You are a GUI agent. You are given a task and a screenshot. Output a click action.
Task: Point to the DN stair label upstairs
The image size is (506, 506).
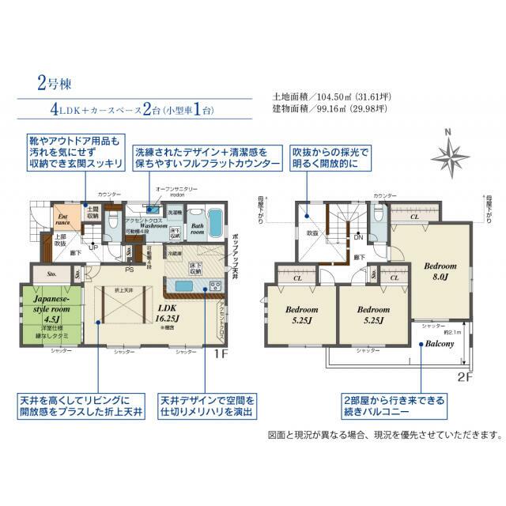tap(357, 237)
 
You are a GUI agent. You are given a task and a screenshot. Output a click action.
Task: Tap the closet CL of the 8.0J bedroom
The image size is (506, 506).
tap(415, 215)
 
